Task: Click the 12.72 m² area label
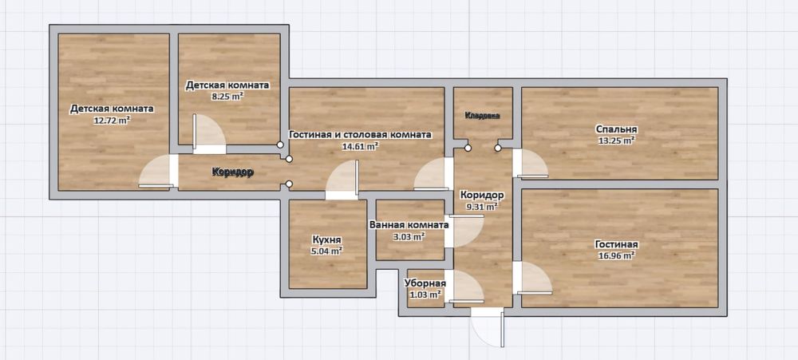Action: (x=111, y=121)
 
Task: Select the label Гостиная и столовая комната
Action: (x=361, y=135)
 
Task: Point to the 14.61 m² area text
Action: (x=360, y=147)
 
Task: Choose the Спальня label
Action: (x=615, y=129)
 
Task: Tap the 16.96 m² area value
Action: (x=614, y=256)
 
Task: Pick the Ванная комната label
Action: (x=409, y=224)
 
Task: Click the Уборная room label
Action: (x=425, y=283)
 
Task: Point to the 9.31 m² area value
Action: (x=482, y=207)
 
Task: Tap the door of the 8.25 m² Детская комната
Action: (x=209, y=134)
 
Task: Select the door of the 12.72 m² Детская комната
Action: (x=156, y=172)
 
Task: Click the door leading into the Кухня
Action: (x=342, y=180)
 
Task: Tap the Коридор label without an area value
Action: (x=232, y=172)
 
